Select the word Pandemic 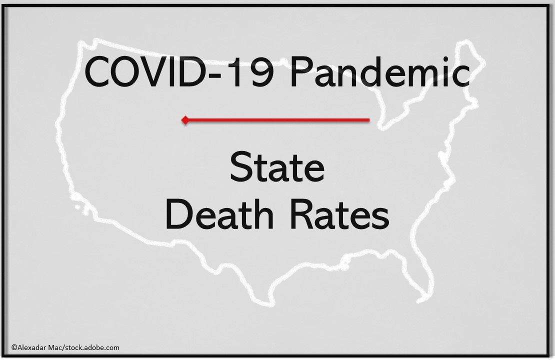click(x=380, y=73)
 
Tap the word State click(x=277, y=168)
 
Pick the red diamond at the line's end click(x=185, y=120)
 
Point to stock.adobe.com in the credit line click(x=94, y=347)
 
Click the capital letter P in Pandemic click(x=301, y=73)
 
